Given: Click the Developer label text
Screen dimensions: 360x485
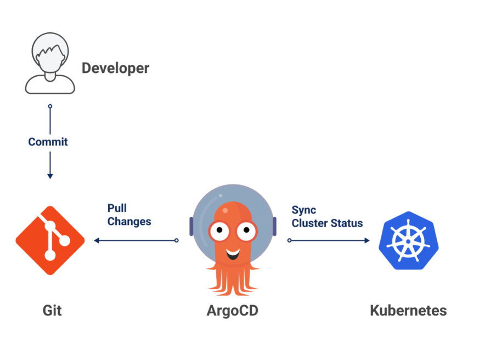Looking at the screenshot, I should [115, 68].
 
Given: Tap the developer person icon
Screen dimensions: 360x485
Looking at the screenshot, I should [50, 63].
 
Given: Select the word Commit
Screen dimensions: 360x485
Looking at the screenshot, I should [48, 142].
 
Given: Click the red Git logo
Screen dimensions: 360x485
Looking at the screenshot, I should [50, 240].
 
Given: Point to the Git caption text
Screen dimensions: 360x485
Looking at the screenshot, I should [52, 311].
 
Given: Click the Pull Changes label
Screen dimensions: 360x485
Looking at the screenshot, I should [129, 216].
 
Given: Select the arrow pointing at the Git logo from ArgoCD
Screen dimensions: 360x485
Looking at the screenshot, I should [97, 240].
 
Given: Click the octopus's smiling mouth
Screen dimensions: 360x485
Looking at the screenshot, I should [233, 255].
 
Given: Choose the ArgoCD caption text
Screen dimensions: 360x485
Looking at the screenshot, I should [232, 311].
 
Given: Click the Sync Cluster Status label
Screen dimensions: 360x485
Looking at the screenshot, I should [327, 217].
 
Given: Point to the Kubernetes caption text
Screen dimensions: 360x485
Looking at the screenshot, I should [408, 311].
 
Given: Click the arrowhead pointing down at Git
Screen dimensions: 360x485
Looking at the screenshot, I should [50, 176].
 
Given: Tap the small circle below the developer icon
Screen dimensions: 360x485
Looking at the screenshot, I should [50, 106].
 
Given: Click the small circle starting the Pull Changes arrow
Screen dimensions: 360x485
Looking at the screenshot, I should [176, 240].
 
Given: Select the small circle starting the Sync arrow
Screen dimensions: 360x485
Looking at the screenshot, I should [290, 240].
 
